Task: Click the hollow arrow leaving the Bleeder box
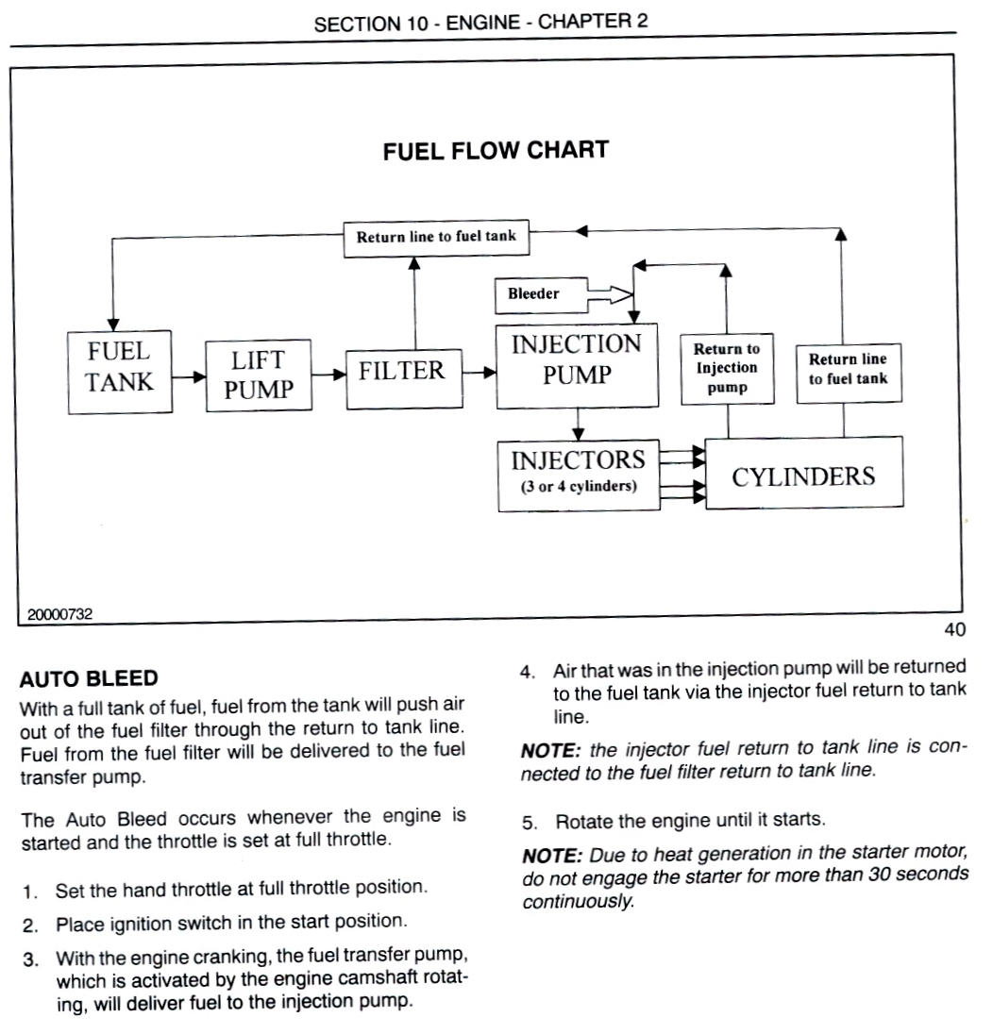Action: coord(611,294)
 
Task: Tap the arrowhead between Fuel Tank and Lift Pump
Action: coord(199,377)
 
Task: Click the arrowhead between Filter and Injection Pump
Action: coord(489,373)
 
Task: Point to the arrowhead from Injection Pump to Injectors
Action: coord(578,434)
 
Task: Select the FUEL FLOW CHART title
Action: coord(496,150)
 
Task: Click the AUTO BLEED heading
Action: coord(89,678)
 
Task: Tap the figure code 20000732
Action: coord(59,614)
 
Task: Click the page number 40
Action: coord(954,630)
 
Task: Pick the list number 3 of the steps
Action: coord(29,959)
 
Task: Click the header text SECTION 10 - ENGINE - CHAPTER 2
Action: coord(481,23)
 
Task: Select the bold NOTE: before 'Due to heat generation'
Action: coord(552,856)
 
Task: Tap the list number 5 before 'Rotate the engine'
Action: coord(530,823)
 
